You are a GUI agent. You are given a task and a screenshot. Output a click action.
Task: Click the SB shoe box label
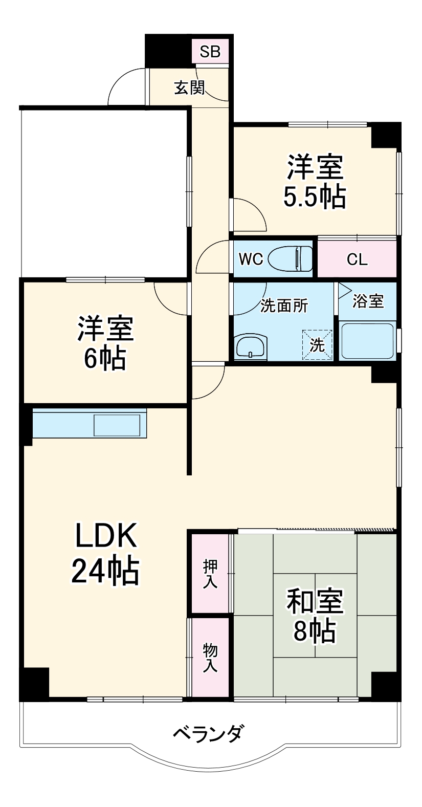[x=210, y=51]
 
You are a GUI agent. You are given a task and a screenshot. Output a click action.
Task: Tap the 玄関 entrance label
[x=189, y=88]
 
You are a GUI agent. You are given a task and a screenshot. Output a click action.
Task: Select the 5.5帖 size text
[x=315, y=197]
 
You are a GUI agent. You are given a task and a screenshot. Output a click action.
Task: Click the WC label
[x=251, y=259]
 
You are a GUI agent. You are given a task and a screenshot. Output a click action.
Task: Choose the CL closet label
[x=357, y=259]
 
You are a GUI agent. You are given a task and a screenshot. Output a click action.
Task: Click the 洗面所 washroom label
[x=284, y=306]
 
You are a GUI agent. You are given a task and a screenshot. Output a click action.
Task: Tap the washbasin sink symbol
[x=251, y=346]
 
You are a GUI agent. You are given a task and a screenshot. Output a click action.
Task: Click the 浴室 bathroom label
[x=368, y=301]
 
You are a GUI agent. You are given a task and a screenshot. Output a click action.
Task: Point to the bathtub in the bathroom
[x=367, y=340]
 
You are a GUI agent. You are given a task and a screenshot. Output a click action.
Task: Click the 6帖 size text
[x=105, y=359]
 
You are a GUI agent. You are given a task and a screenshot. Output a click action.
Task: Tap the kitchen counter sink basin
[x=117, y=425]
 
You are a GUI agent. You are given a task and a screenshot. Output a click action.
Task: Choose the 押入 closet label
[x=210, y=574]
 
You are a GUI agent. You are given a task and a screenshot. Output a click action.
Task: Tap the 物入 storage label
[x=210, y=658]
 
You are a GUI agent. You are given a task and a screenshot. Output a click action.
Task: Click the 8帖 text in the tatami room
[x=315, y=631]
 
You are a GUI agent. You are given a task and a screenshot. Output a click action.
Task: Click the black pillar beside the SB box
[x=168, y=50]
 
